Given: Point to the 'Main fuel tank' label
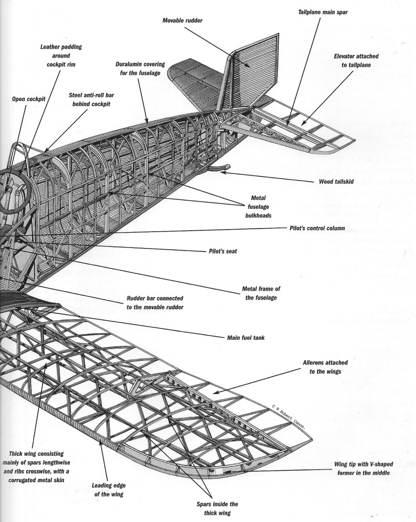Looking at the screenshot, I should coord(248,337).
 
